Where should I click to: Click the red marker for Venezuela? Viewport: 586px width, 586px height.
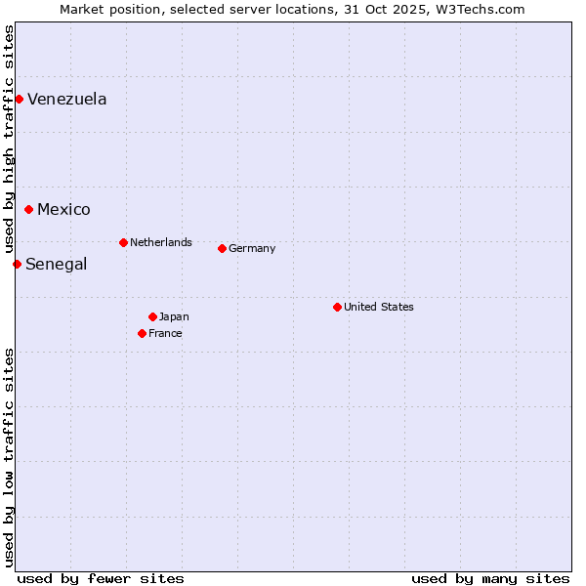(x=19, y=99)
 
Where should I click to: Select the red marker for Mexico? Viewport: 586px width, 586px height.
(x=28, y=209)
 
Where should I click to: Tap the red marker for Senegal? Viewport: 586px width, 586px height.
(x=17, y=264)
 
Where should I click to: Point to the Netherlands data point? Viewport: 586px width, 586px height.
(x=123, y=242)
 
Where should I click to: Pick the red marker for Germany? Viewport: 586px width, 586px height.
(x=222, y=248)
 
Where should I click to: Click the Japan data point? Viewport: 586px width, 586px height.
(x=152, y=316)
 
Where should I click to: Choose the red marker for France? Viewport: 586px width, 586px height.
(x=142, y=333)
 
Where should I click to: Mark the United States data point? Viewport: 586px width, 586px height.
(x=337, y=307)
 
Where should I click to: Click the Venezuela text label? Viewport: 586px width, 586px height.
(x=67, y=99)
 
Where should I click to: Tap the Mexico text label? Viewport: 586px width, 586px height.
(x=63, y=209)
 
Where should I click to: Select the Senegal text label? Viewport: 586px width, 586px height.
(x=57, y=264)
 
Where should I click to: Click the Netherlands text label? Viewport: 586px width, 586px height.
(x=161, y=242)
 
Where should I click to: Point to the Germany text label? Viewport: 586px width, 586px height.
(x=252, y=248)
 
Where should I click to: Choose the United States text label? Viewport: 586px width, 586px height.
(x=379, y=307)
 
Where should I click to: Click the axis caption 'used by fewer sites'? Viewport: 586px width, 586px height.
(x=101, y=578)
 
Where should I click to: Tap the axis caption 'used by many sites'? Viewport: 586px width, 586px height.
(x=490, y=578)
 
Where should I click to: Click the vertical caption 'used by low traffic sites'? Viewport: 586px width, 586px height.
(x=9, y=457)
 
